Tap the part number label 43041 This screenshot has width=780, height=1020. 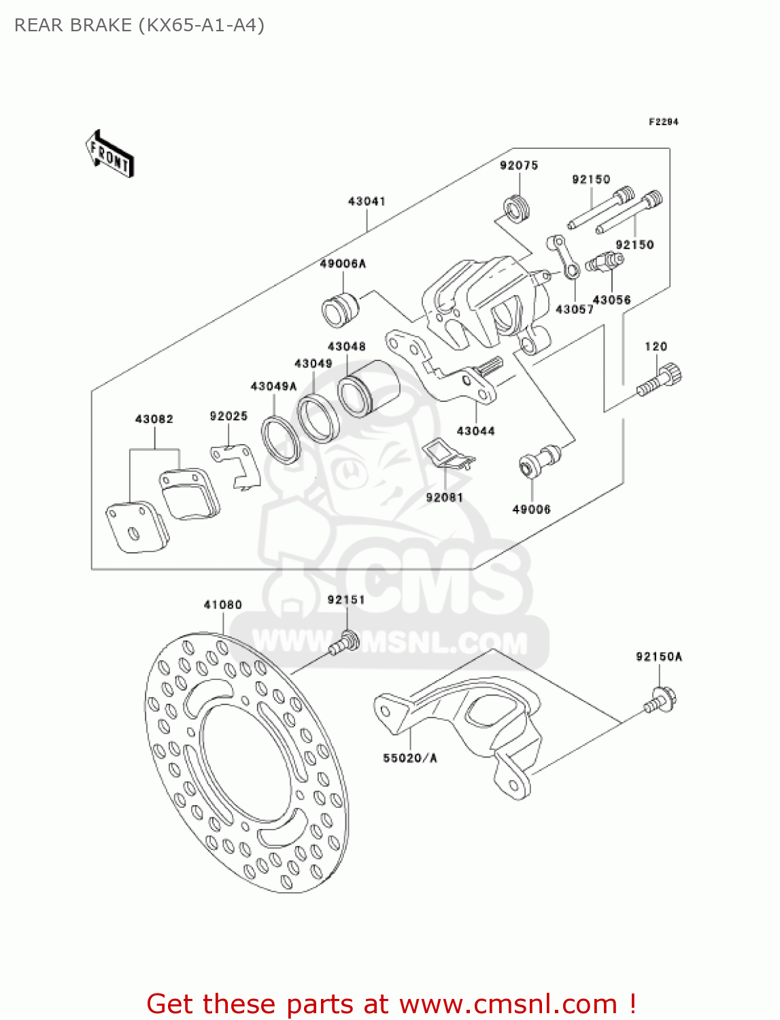pyautogui.click(x=367, y=201)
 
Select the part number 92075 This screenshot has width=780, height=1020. pyautogui.click(x=519, y=165)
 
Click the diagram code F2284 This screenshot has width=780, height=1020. pyautogui.click(x=663, y=122)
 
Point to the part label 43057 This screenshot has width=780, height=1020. pyautogui.click(x=574, y=309)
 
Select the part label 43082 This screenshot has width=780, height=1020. pyautogui.click(x=154, y=419)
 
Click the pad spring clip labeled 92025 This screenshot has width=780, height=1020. pyautogui.click(x=236, y=465)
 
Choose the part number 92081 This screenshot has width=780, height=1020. pyautogui.click(x=444, y=498)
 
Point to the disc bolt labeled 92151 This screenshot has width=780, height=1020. pyautogui.click(x=345, y=643)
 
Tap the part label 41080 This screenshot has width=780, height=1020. pyautogui.click(x=222, y=605)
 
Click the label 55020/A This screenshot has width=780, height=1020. pyautogui.click(x=409, y=758)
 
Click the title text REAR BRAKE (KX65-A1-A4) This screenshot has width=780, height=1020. pyautogui.click(x=139, y=25)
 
